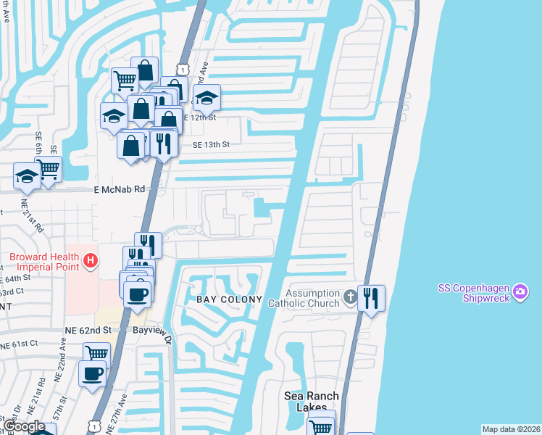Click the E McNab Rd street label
click(120, 188)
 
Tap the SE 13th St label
click(210, 144)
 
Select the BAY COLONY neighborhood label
click(228, 299)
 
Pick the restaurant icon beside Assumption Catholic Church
click(371, 297)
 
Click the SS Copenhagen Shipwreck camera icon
click(520, 292)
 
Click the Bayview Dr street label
click(155, 335)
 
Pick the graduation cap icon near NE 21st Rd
click(27, 176)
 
